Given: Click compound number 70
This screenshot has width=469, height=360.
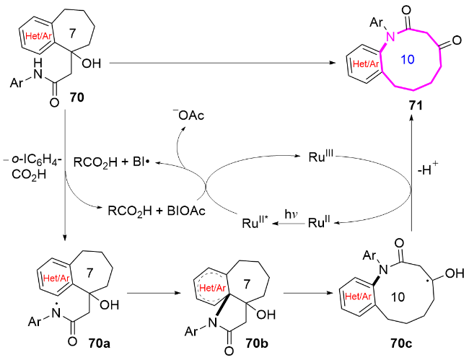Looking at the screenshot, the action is (77, 97).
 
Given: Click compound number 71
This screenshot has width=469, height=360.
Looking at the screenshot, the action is (416, 105).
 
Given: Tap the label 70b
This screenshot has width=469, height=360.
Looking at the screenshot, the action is (257, 343).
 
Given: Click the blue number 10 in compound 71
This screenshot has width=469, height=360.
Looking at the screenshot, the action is (407, 59).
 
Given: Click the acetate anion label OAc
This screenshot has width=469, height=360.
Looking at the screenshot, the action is (188, 115).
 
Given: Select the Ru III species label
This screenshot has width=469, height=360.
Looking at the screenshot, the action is (321, 157).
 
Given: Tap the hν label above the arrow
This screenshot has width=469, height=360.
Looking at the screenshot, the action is (291, 214).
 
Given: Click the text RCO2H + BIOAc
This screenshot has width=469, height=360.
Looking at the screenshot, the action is (157, 211).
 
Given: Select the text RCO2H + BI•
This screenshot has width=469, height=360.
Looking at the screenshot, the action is (112, 162).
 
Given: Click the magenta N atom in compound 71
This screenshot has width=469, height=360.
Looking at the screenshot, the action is (390, 37).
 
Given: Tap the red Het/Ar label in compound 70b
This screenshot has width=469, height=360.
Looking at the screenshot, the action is (212, 288).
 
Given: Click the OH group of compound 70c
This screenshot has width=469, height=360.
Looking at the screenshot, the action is (455, 273).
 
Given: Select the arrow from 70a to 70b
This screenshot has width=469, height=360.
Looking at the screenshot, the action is (154, 293).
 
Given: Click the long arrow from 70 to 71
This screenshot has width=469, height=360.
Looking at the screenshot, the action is (222, 63).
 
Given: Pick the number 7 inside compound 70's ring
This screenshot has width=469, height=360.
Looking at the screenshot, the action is (72, 33).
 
